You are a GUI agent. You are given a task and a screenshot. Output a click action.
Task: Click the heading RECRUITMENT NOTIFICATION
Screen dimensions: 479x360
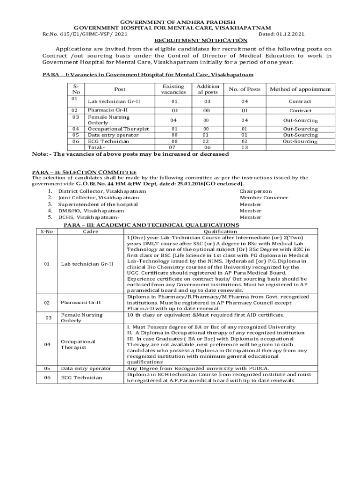click(x=201, y=41)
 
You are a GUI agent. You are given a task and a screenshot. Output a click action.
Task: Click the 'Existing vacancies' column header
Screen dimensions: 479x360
click(x=173, y=89)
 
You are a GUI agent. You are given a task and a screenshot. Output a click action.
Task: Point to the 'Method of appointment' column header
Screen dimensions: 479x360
click(x=300, y=89)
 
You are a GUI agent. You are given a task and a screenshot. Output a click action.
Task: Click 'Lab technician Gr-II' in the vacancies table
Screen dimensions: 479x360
click(x=114, y=102)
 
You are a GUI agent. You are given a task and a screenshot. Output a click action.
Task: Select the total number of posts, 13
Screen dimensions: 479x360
click(x=245, y=147)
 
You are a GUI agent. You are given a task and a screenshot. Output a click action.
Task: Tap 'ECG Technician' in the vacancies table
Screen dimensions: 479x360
click(x=109, y=141)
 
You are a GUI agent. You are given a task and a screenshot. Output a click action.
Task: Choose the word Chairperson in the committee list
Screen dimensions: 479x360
click(x=255, y=191)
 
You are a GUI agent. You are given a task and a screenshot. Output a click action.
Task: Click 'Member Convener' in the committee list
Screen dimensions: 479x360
click(x=264, y=198)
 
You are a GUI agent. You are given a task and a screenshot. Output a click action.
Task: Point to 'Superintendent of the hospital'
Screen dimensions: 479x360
click(x=98, y=204)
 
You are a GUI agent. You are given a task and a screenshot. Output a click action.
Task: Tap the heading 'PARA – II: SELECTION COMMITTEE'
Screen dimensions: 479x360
click(x=84, y=173)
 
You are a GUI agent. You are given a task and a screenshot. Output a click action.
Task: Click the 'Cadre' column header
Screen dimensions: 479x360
click(x=91, y=232)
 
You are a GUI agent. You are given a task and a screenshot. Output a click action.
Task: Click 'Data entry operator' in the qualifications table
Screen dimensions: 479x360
click(x=86, y=369)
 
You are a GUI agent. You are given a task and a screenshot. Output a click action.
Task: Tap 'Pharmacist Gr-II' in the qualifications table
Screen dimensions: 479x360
click(x=81, y=303)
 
